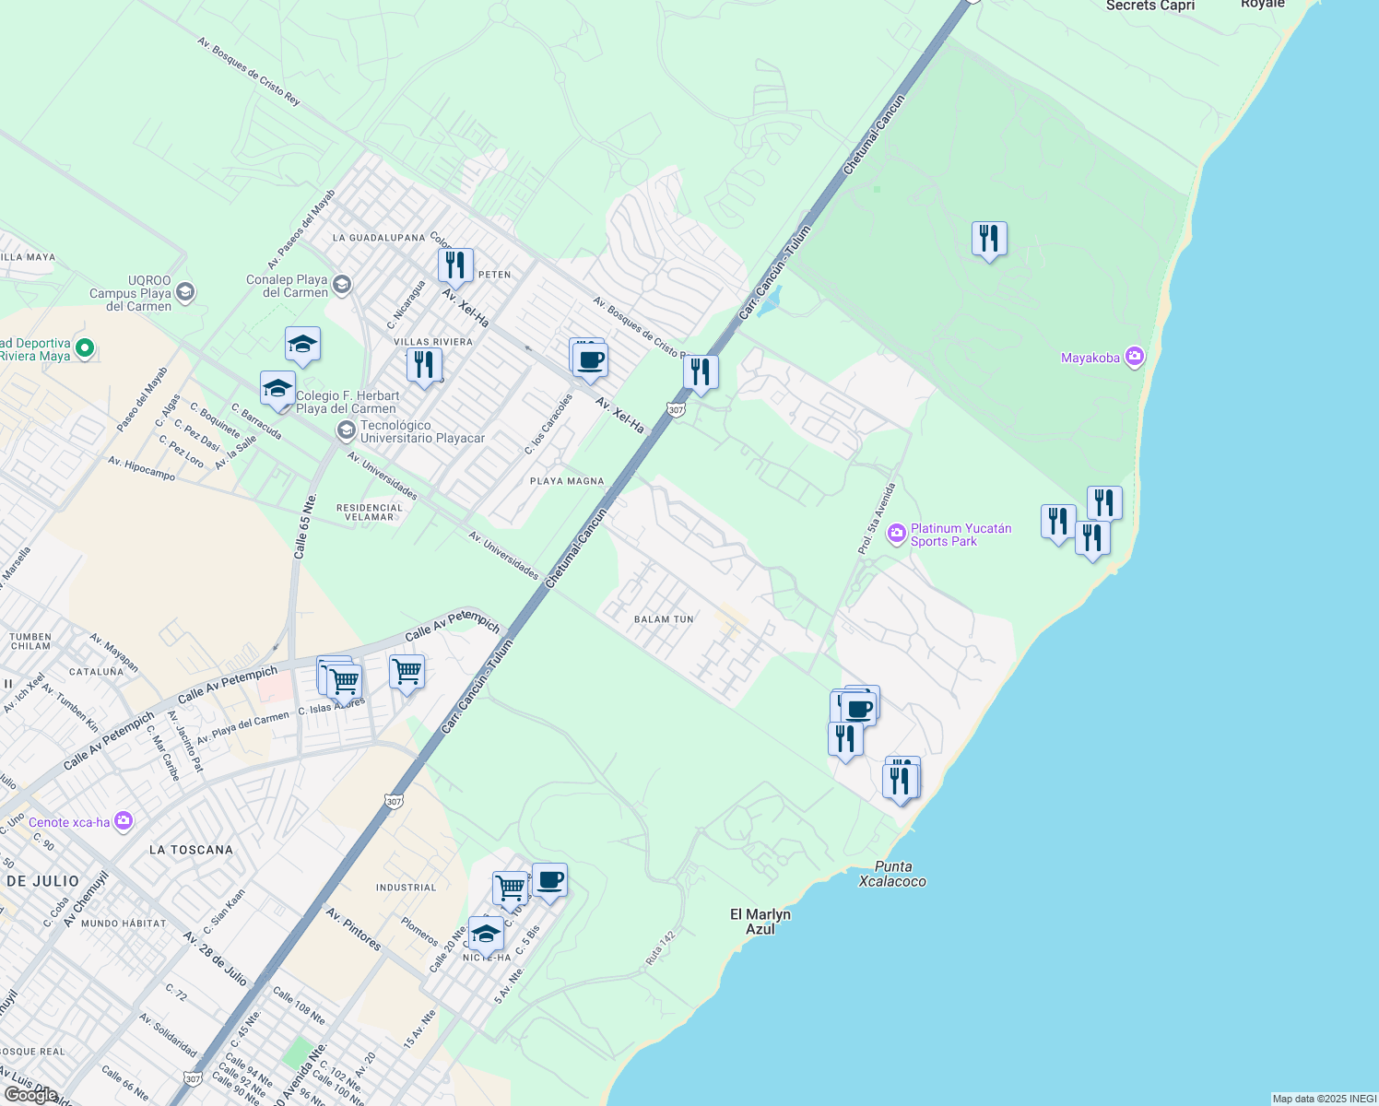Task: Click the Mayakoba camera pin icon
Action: [1135, 357]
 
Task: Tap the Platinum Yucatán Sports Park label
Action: [961, 535]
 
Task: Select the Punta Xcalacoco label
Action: [892, 874]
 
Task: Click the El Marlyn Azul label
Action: [760, 922]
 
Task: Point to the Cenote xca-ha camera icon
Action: [124, 821]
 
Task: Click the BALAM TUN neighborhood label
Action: [664, 619]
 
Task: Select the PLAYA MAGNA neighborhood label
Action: [567, 481]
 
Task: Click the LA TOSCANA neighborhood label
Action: [191, 850]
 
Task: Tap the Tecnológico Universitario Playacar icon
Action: [347, 429]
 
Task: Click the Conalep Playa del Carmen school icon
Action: [342, 284]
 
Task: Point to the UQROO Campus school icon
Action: [184, 293]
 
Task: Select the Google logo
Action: [31, 1095]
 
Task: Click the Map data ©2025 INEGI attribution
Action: [1324, 1099]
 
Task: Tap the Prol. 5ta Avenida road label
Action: [877, 518]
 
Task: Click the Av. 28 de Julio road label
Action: [215, 959]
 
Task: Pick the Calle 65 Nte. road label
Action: [305, 525]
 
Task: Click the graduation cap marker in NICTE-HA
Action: [486, 935]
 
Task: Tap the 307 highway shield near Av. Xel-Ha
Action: [676, 409]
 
